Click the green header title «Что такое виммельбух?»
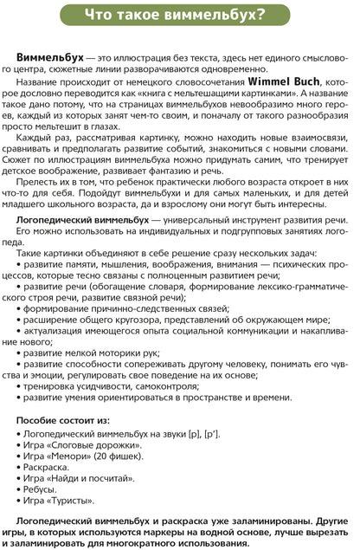[x=180, y=13]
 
